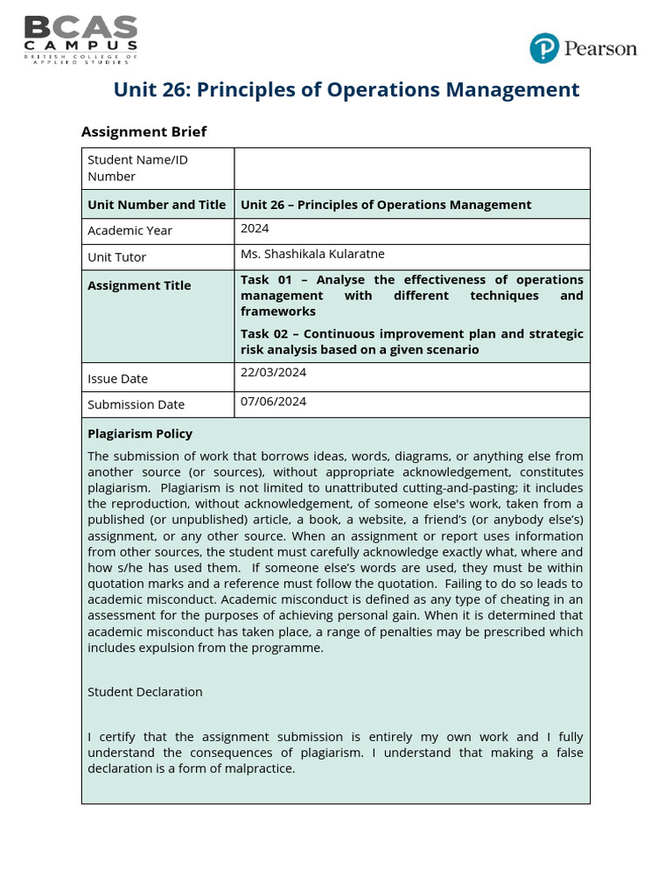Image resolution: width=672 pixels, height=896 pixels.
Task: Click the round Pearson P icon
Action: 543,48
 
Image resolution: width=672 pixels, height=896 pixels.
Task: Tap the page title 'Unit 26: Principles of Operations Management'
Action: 346,89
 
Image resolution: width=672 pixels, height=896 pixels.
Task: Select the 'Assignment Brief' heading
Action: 143,131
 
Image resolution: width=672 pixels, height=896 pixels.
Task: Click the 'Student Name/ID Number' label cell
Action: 137,168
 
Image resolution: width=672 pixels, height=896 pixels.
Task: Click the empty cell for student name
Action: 411,168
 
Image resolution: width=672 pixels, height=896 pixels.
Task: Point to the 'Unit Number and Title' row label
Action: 157,205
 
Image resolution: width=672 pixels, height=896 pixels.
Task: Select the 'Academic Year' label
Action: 129,231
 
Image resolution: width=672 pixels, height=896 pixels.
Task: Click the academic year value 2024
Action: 255,228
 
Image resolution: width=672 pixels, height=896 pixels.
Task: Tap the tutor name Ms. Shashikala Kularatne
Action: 312,255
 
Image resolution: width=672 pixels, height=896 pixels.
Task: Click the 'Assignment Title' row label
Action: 139,285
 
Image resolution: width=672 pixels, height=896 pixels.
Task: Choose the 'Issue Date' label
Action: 117,379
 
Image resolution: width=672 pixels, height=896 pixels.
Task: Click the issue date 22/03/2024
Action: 273,372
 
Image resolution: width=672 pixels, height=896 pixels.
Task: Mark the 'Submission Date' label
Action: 136,404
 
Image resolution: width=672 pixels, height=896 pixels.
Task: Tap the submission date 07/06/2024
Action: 273,402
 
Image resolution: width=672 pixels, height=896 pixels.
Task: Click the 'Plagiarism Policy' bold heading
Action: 140,434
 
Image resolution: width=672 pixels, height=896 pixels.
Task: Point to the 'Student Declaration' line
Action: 144,691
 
